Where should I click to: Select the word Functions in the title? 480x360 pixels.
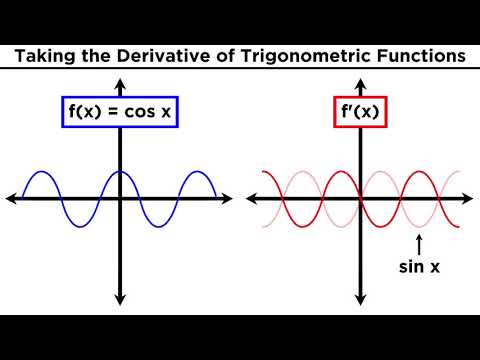tap(421, 57)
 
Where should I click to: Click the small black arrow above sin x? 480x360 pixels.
tap(420, 243)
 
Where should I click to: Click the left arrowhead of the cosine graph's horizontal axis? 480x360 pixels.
tap(11, 198)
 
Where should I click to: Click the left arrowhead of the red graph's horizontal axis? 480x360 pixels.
tap(252, 198)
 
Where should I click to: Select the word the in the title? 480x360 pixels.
tap(106, 57)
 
